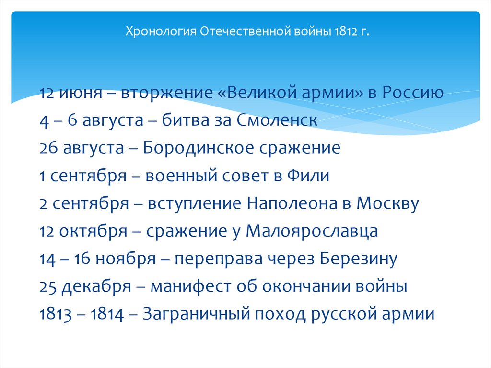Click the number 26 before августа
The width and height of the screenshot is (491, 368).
49,148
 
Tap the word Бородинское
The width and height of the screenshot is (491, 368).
199,148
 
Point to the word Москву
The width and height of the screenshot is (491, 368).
388,203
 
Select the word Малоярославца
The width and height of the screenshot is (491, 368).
312,231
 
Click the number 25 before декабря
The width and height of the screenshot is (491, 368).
48,287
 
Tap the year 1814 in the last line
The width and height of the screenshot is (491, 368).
109,315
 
